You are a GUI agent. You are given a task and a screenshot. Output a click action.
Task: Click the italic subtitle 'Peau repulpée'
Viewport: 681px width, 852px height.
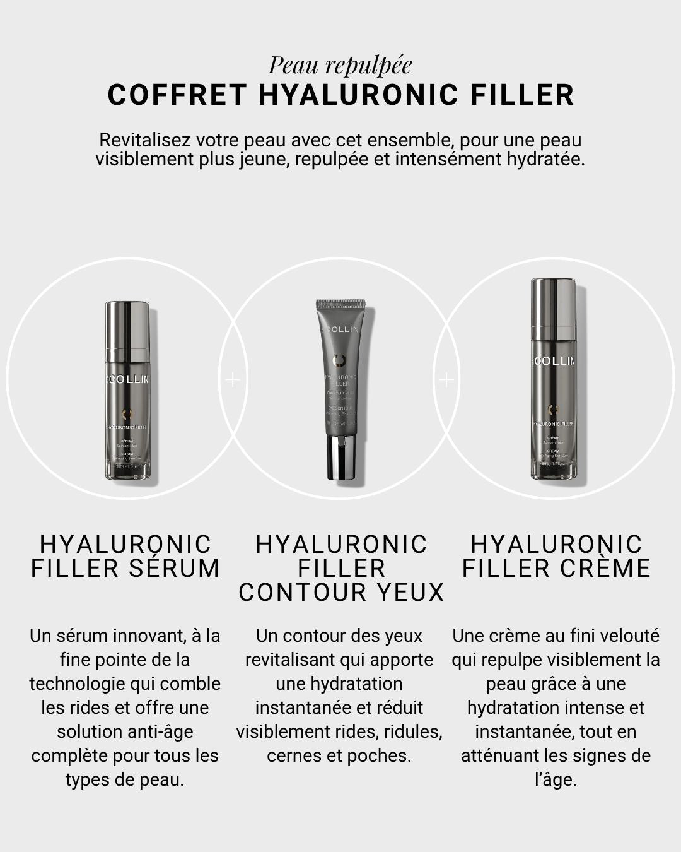(340, 65)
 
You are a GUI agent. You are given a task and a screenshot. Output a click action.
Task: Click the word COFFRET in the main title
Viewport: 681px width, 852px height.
(177, 95)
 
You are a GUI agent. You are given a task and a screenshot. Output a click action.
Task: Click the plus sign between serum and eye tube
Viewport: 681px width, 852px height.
(233, 379)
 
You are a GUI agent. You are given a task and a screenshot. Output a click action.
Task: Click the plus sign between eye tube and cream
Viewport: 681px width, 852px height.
(446, 379)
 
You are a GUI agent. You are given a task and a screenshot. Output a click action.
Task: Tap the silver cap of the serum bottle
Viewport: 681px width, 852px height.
(127, 331)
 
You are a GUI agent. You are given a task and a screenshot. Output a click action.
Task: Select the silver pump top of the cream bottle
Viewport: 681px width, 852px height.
(554, 309)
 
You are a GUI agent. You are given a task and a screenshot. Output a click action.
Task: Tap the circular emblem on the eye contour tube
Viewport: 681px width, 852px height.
(339, 360)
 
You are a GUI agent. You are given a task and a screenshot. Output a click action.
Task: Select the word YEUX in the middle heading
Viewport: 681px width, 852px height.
(413, 593)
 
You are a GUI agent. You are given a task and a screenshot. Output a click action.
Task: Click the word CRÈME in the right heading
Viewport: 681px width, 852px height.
(603, 568)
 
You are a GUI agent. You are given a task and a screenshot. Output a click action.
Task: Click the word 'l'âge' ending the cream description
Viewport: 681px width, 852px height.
(556, 780)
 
